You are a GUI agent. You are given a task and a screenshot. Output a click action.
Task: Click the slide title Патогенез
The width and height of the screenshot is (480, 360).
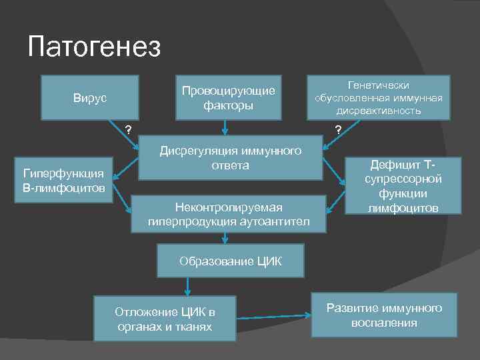(95, 47)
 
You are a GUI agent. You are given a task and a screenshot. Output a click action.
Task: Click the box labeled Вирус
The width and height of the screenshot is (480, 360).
(90, 98)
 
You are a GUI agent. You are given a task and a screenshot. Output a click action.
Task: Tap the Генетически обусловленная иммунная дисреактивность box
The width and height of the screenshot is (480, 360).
(379, 98)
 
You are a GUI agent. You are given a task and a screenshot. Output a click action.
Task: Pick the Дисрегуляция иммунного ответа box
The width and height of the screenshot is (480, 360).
(231, 158)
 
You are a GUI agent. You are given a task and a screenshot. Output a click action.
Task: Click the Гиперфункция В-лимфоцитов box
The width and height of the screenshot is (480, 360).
(63, 180)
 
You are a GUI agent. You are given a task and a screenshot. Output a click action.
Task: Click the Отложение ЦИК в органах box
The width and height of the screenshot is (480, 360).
(165, 319)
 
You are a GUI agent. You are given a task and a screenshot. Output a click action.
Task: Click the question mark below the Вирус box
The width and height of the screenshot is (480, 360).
(129, 129)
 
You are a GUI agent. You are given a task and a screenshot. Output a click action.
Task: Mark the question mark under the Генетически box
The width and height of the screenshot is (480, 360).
(338, 129)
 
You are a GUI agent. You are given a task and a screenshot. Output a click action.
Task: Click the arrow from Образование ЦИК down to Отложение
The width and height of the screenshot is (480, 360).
(188, 286)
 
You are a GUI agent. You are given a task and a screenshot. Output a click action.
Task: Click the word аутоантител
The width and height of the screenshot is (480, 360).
(273, 221)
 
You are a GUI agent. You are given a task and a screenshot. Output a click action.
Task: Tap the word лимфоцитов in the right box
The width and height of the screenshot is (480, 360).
(402, 209)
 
